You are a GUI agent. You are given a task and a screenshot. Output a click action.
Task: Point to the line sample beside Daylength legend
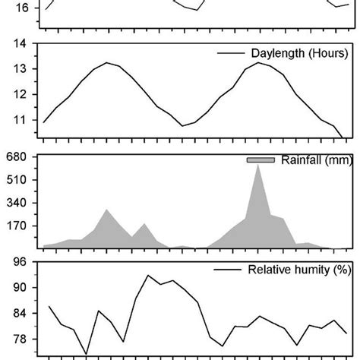point(229,54)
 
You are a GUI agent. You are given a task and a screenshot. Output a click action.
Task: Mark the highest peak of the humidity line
point(148,276)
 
